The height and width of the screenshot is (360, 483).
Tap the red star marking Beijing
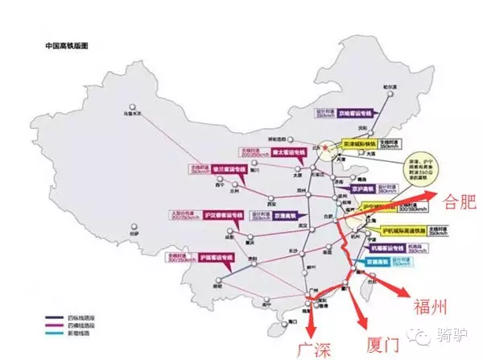click(x=324, y=148)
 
